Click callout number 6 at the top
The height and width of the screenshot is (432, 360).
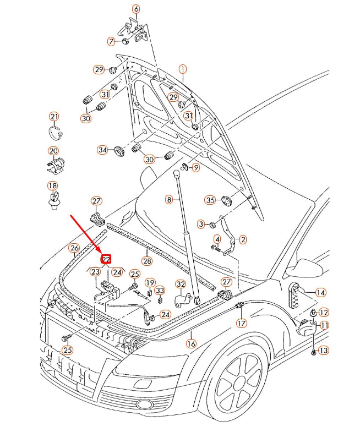click(135, 9)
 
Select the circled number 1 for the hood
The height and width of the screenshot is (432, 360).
click(182, 69)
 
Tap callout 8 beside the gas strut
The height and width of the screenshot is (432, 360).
click(169, 199)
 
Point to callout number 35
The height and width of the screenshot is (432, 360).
click(210, 200)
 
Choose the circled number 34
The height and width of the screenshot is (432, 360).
click(102, 150)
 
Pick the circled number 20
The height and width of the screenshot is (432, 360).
click(53, 151)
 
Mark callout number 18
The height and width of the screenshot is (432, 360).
click(52, 185)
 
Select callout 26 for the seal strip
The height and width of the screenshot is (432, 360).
click(74, 248)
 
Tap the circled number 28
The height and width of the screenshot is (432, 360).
click(146, 260)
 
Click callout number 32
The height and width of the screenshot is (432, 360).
click(181, 284)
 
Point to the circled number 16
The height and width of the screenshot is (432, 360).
click(191, 343)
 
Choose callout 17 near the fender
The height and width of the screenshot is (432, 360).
click(241, 323)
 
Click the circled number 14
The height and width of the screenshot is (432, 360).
click(320, 293)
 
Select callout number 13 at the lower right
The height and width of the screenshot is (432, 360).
click(323, 350)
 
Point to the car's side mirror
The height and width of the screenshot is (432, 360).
click(308, 267)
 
